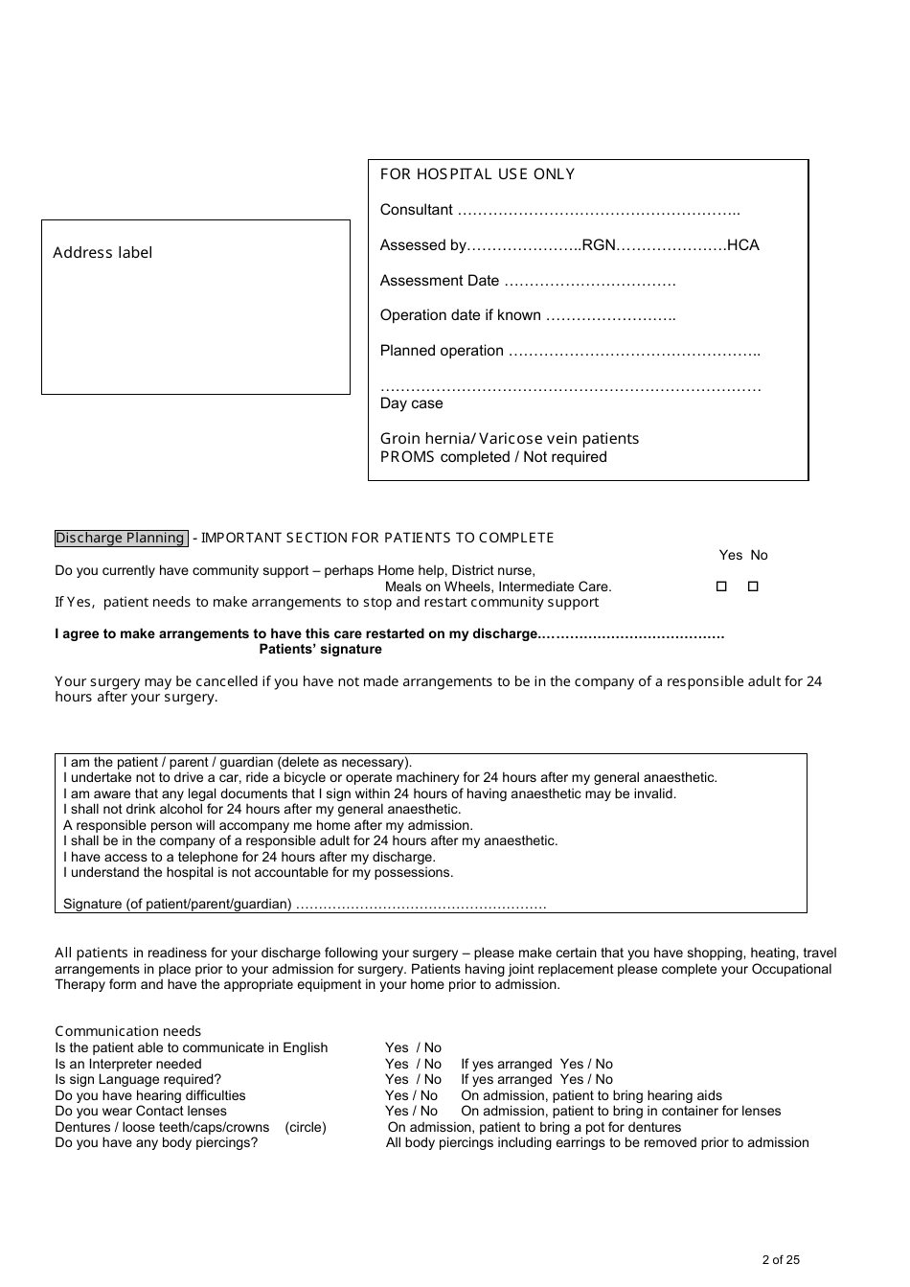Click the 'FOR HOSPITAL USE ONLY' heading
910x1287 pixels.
pyautogui.click(x=477, y=174)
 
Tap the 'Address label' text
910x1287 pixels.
pyautogui.click(x=102, y=253)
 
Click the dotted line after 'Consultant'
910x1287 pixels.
pyautogui.click(x=598, y=211)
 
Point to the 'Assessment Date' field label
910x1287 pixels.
pyautogui.click(x=440, y=281)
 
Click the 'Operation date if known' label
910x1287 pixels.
pyautogui.click(x=461, y=315)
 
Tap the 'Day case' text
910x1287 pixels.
pyautogui.click(x=411, y=403)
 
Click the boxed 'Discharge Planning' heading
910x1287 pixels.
pyautogui.click(x=120, y=539)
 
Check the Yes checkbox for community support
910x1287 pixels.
pyautogui.click(x=721, y=586)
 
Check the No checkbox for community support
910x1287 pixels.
pyautogui.click(x=753, y=586)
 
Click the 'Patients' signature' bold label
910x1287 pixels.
pyautogui.click(x=320, y=650)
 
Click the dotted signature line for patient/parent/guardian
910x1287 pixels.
pyautogui.click(x=421, y=905)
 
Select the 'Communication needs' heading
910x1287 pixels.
pyautogui.click(x=127, y=1032)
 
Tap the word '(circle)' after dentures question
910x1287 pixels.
pyautogui.click(x=306, y=1128)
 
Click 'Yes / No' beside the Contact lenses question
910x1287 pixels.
pyautogui.click(x=411, y=1112)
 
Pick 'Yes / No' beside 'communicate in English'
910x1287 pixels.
pyautogui.click(x=413, y=1048)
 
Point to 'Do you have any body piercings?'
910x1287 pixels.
pyautogui.click(x=156, y=1143)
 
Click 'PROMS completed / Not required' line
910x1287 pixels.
pyautogui.click(x=493, y=457)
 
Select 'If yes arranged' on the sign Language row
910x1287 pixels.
pyautogui.click(x=507, y=1080)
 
